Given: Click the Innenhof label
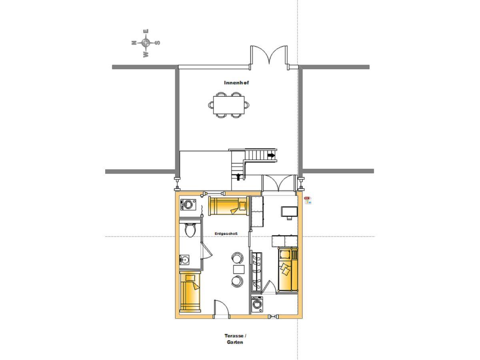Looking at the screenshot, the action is pos(236,83).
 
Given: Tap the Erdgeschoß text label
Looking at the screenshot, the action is pos(226,234).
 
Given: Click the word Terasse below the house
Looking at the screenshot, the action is pos(234,336).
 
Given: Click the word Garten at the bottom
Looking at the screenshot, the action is pos(235,342).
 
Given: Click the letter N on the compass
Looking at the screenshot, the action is pos(134,43).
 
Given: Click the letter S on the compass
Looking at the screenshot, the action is pos(158,43).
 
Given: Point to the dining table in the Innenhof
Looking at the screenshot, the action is pos(228,105).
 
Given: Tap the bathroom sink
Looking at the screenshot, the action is pos(184,260).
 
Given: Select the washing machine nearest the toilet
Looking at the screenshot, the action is pos(188,204).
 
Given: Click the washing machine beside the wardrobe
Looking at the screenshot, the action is pos(257,304).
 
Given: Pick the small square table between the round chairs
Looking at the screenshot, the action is pos(238,269).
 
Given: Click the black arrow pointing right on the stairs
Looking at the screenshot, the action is pos(271,156).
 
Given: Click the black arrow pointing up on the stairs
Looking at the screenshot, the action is pos(238,177).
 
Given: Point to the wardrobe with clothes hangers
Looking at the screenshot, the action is pos(257,272).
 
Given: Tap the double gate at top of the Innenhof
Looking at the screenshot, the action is pos(269,56).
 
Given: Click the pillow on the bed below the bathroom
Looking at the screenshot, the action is pos(190,278).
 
